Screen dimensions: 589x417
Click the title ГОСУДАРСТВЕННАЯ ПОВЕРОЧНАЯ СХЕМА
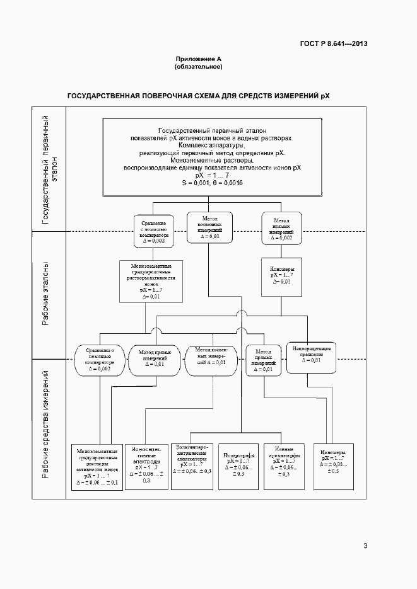199,96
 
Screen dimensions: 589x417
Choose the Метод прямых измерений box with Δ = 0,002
281,230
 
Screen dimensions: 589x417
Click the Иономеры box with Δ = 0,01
281,275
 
